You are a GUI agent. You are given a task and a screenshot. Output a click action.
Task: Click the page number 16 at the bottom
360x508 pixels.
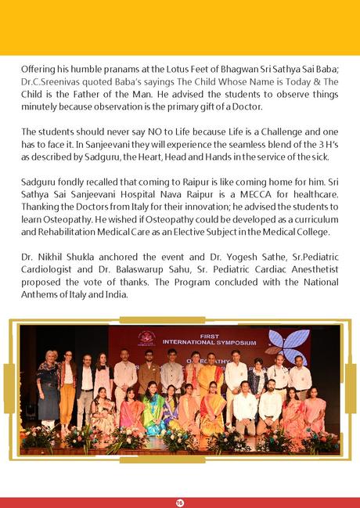[x=180, y=502]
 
